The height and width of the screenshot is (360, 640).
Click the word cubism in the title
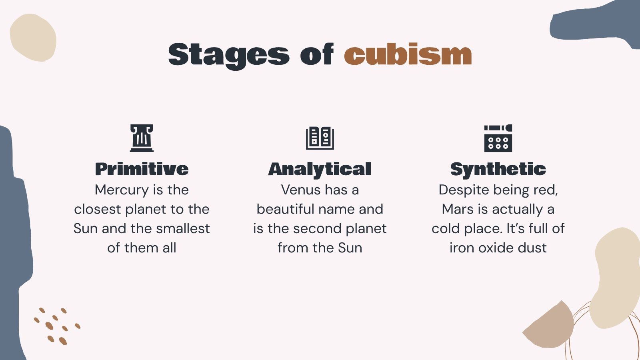(x=408, y=55)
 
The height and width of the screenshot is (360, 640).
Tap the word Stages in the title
(x=228, y=55)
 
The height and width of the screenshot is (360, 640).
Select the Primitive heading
(x=142, y=169)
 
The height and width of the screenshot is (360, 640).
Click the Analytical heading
(x=320, y=169)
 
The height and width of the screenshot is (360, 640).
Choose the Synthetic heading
(x=498, y=169)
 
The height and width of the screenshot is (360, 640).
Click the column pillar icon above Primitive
(x=142, y=138)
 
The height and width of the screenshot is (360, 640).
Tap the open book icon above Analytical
(x=320, y=138)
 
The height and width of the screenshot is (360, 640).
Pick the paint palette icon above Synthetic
(x=498, y=138)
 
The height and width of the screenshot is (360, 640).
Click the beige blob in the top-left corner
(x=33, y=38)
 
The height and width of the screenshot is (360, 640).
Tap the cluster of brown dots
(x=56, y=326)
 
